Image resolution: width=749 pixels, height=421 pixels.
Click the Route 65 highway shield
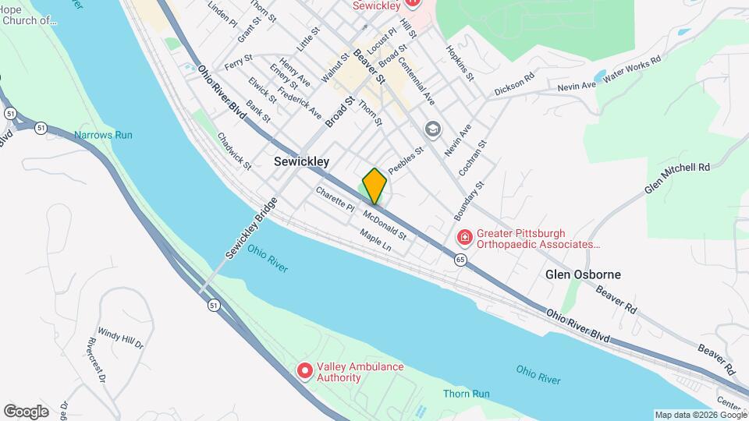pos(461,260)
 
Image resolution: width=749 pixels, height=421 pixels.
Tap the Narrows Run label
pos(103,135)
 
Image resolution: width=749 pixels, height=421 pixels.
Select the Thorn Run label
pos(466,394)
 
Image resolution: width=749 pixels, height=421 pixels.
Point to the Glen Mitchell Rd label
pos(677,179)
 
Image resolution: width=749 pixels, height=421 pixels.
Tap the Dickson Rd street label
pos(515,86)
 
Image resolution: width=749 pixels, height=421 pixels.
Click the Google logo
pos(26,411)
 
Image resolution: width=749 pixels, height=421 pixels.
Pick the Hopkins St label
pos(460,63)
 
